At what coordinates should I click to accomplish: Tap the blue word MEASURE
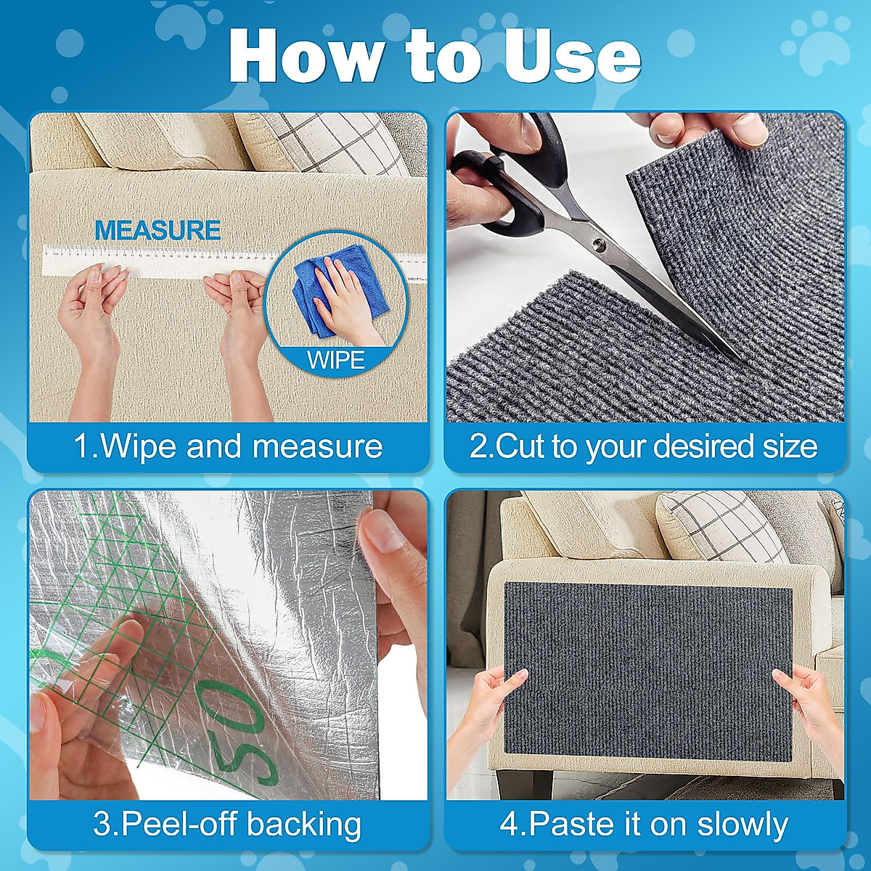[x=158, y=231]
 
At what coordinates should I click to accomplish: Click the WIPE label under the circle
[x=335, y=360]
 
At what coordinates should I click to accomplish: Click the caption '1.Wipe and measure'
[x=228, y=446]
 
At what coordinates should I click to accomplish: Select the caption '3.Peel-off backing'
[x=228, y=825]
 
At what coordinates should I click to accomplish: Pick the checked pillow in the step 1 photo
[x=327, y=142]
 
